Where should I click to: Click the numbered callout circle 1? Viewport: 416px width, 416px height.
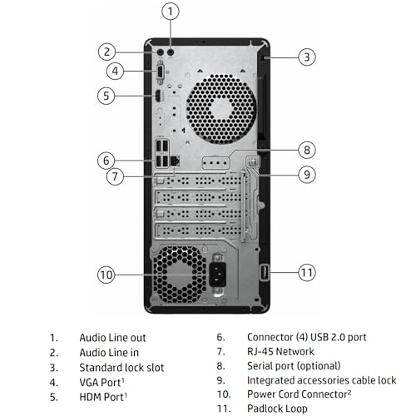171,12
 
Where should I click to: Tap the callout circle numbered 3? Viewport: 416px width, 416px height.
307,57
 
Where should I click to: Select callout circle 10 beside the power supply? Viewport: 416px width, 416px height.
106,275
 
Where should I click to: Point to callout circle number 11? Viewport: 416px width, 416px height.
307,273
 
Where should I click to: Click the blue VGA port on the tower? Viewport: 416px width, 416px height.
160,72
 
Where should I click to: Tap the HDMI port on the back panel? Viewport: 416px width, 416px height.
158,96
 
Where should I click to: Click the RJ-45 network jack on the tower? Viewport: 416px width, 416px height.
175,161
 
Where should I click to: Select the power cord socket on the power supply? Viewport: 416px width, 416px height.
217,275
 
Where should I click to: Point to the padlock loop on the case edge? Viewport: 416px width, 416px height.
264,272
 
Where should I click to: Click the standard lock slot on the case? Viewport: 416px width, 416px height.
265,57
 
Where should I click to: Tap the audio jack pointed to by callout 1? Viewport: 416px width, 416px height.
171,52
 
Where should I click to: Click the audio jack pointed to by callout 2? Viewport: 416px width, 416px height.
161,52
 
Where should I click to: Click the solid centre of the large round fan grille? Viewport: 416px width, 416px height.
222,108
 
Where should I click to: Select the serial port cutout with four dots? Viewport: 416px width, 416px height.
215,163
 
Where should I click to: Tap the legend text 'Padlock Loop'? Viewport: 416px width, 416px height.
277,409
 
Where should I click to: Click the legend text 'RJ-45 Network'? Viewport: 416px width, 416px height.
280,351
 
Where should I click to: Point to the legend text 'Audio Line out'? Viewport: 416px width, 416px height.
112,338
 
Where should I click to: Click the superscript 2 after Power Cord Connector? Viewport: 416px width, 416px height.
349,392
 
